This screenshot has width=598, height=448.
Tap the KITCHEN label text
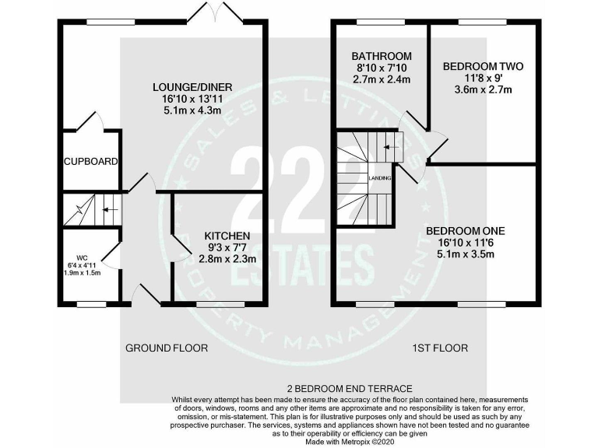(227, 236)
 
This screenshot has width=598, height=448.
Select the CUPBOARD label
(90, 162)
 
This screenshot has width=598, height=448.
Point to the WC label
(82, 256)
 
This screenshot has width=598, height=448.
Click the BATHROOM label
(381, 57)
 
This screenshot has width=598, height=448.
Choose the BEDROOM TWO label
(483, 67)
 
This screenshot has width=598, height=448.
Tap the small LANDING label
(379, 178)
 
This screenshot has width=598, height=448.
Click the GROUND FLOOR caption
(167, 348)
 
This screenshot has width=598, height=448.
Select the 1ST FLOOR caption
(440, 348)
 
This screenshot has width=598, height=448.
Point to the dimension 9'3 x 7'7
(227, 248)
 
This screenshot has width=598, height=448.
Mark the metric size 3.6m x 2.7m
(483, 90)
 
